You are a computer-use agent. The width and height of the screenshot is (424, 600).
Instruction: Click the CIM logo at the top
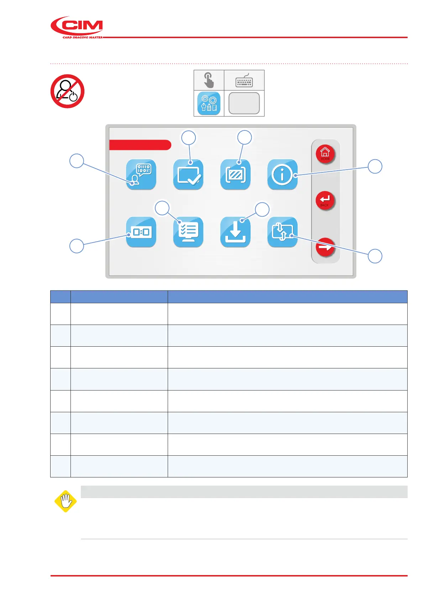coord(77,27)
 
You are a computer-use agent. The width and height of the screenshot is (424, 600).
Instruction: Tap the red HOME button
coord(325,154)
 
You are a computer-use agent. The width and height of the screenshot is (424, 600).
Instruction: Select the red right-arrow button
coord(325,247)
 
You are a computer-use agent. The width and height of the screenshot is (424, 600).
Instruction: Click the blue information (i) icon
coord(282,175)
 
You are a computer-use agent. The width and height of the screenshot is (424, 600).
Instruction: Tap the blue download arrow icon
coord(235,232)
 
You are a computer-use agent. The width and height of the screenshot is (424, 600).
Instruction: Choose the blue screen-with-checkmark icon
coord(188,175)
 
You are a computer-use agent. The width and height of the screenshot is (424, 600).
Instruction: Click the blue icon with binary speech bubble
coord(141,175)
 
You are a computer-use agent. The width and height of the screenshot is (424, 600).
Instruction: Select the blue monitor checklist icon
coord(188,232)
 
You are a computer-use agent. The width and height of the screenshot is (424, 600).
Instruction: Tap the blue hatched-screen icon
coord(235,175)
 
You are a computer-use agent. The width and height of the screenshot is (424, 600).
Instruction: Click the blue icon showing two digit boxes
coord(141,232)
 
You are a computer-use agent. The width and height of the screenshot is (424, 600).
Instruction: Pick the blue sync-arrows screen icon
coord(282,232)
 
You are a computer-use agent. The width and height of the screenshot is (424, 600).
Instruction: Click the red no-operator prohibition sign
coord(67,91)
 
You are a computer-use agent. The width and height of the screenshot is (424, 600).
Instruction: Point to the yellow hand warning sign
coord(66,501)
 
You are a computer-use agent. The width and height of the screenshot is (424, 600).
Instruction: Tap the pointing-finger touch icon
coord(209,80)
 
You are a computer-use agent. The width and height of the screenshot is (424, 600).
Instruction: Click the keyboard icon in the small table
coord(244,81)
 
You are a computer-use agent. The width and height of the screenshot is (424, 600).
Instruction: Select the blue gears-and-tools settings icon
coord(209,103)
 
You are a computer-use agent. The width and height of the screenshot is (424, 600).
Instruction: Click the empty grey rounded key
coord(244,103)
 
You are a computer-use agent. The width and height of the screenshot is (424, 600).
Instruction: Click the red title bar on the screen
coord(140,145)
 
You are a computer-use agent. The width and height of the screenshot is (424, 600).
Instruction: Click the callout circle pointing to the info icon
coord(375,166)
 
